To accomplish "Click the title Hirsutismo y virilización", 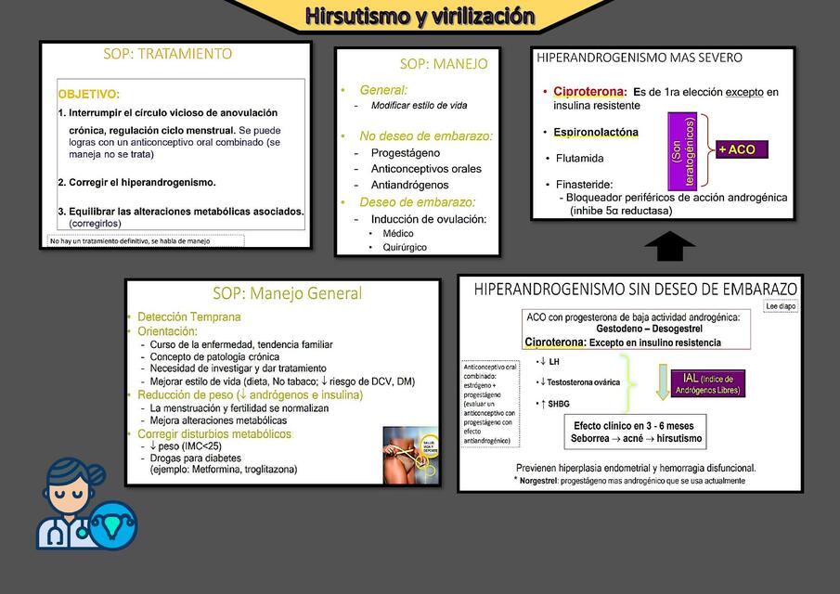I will click(x=420, y=16).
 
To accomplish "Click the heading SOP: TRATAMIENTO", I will click(x=168, y=54).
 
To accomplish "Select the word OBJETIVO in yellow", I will click(x=88, y=95).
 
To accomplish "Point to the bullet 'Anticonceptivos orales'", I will click(x=426, y=169).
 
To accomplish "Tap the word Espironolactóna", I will click(x=596, y=132).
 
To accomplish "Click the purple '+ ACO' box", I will click(x=743, y=149).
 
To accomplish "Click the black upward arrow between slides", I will click(x=669, y=247).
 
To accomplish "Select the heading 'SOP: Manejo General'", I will click(x=287, y=294).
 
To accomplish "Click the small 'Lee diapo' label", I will click(x=781, y=305).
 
